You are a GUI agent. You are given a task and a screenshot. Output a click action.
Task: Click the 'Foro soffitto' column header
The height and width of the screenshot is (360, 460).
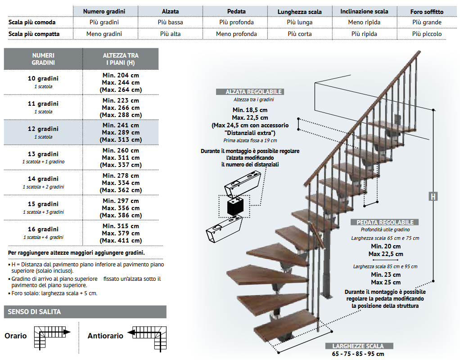coord(427,12)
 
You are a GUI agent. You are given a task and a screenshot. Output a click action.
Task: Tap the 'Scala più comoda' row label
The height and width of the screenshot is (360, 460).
coord(34,22)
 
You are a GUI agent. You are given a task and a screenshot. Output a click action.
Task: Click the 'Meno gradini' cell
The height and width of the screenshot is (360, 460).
coord(104,34)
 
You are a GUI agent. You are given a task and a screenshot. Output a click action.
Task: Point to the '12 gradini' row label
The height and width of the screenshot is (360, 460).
coord(43,129)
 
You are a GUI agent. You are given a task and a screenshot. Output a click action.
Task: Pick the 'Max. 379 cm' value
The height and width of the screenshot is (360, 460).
coord(121,233)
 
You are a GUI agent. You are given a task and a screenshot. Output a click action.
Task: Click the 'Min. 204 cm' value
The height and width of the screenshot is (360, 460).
coord(121,75)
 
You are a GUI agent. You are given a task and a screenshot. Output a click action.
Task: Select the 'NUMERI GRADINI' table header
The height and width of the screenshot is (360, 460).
coord(43,59)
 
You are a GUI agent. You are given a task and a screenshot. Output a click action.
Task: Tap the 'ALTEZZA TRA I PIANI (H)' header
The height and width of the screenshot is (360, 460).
coord(121,59)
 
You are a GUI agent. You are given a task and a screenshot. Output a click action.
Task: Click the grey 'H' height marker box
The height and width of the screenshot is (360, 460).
coord(433,196)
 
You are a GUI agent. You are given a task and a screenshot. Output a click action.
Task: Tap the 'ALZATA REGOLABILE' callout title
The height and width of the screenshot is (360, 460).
coord(254,92)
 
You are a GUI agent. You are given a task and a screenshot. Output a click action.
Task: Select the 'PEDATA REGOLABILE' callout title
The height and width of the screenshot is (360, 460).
coord(385,222)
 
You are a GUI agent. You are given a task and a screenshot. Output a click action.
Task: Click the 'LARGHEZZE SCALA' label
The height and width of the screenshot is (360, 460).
coord(358,346)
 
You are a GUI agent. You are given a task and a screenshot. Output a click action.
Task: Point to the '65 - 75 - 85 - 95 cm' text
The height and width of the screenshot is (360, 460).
coord(358,354)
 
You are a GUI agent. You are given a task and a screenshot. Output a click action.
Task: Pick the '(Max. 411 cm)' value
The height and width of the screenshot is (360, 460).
coord(121,240)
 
